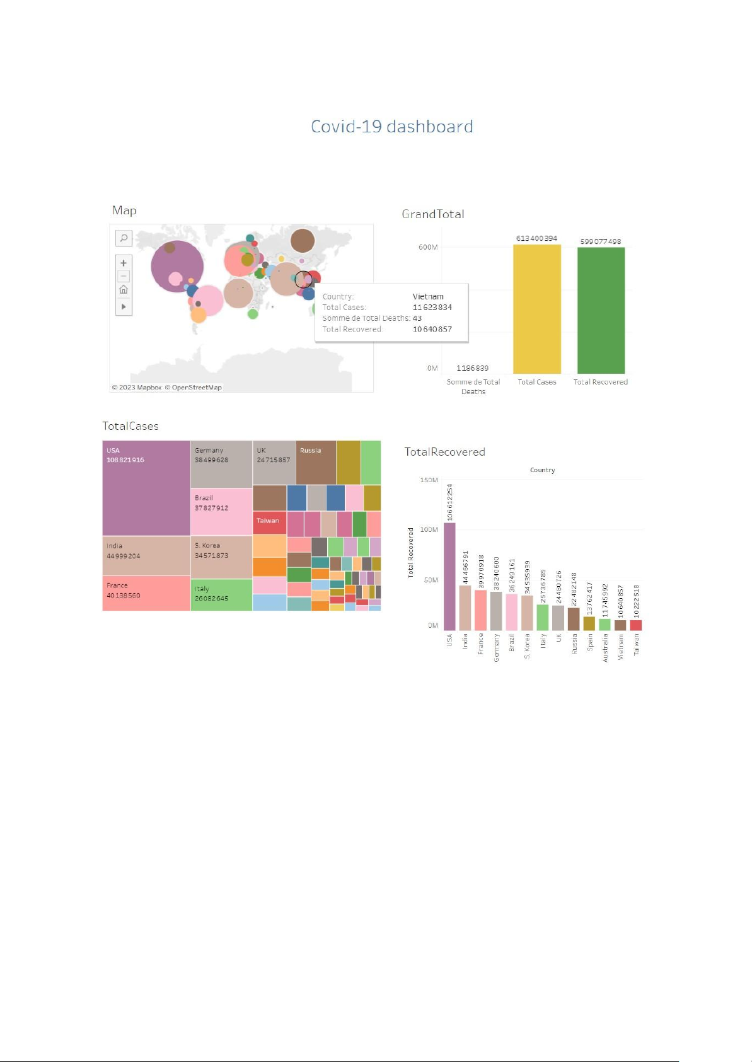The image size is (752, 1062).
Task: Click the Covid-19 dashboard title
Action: point(391,127)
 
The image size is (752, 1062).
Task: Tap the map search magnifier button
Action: point(124,238)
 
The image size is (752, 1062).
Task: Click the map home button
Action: point(124,290)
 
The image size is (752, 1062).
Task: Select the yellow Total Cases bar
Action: point(536,309)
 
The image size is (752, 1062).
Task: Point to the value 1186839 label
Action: point(472,368)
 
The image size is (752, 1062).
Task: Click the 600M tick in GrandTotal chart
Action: point(428,247)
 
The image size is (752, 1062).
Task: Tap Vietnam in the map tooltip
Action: point(428,296)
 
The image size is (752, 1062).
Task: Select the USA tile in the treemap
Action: point(146,488)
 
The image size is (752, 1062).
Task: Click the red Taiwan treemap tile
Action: point(269,522)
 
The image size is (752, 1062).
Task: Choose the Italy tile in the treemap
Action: point(221,594)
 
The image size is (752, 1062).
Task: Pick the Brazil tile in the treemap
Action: point(221,512)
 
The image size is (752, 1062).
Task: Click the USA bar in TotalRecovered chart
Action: point(449,576)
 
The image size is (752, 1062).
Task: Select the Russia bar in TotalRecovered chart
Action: point(574,619)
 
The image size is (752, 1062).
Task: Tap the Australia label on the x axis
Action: point(605,648)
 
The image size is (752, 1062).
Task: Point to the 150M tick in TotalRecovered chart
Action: point(429,480)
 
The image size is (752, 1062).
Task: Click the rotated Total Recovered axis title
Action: point(411,553)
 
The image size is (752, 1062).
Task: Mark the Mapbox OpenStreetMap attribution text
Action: point(167,388)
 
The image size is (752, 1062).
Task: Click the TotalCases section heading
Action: point(130,426)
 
